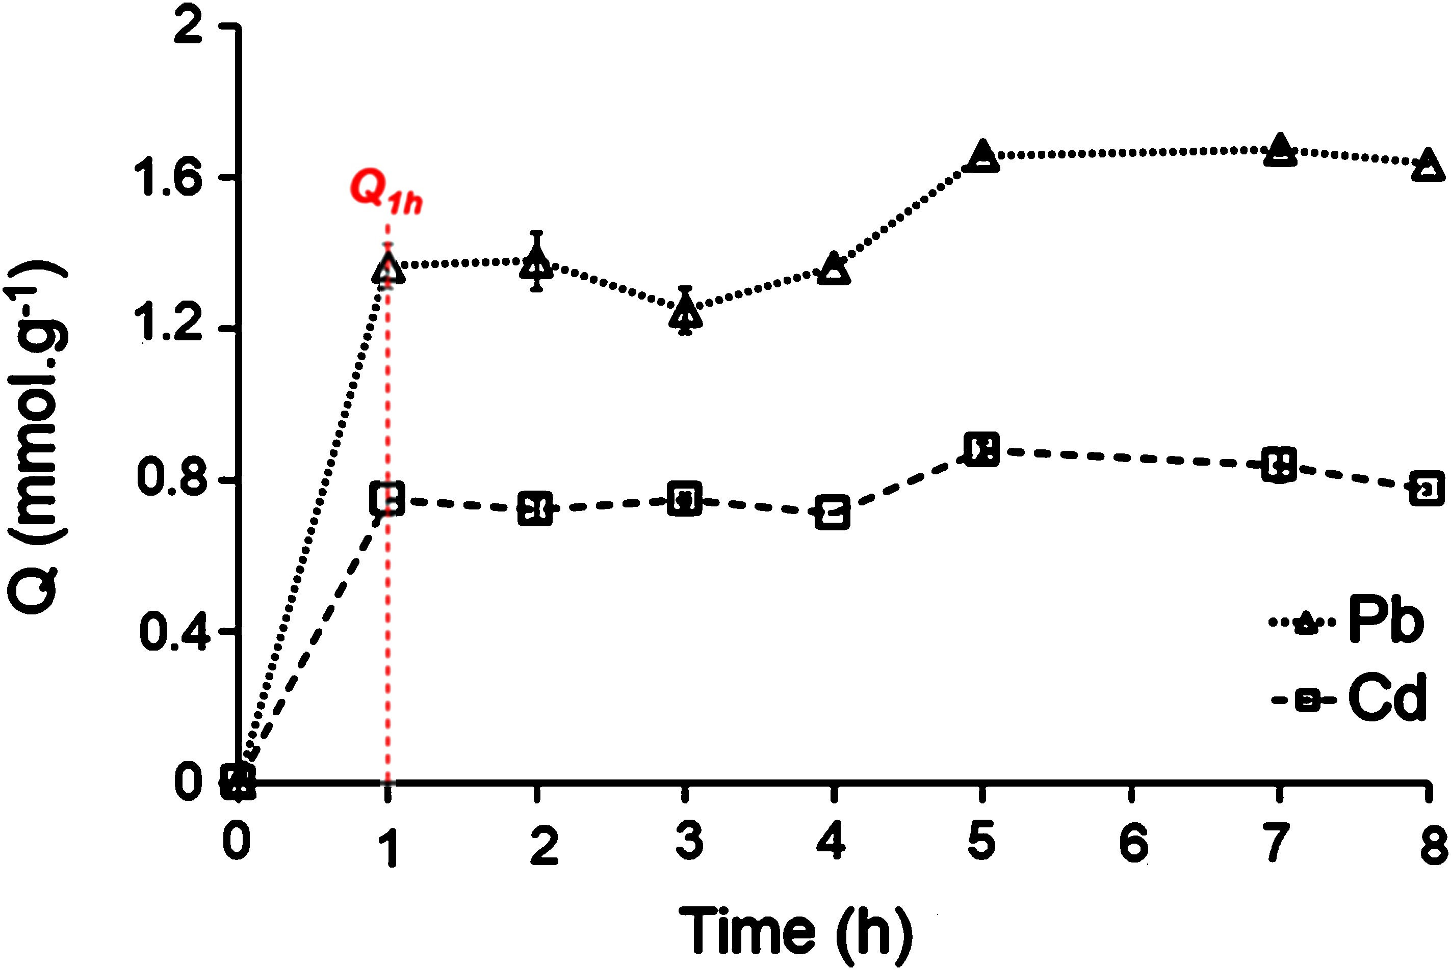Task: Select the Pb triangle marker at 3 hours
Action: click(685, 311)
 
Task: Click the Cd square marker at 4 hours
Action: click(833, 512)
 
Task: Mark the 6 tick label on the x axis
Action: click(1133, 843)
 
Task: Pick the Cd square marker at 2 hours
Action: click(535, 509)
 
